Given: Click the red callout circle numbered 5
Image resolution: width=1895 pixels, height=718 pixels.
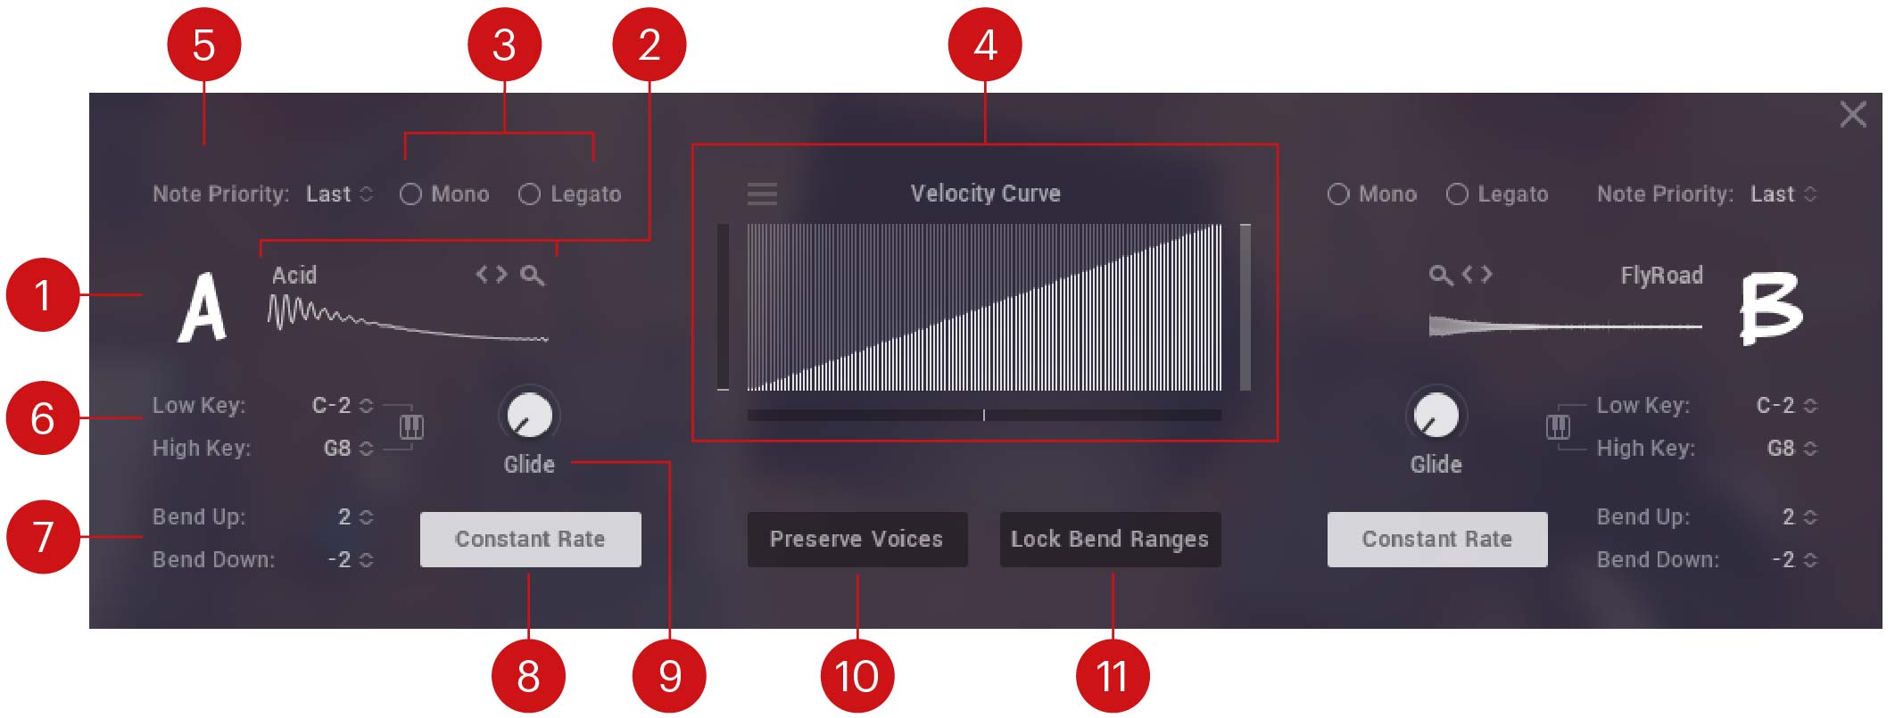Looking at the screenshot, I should (203, 45).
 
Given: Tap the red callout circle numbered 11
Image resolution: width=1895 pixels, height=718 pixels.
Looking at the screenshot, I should (1112, 675).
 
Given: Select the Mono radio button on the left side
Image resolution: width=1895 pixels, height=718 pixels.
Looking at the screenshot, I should (410, 194).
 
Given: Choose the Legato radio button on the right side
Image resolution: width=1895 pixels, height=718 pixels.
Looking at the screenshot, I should (1456, 194).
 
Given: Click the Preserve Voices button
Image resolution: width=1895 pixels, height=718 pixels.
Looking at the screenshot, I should (856, 539).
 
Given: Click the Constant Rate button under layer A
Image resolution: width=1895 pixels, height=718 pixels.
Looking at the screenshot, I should (530, 539).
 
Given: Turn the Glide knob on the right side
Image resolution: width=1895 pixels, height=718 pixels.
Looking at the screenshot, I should (1436, 416).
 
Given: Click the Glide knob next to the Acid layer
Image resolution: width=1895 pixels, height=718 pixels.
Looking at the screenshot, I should (529, 416).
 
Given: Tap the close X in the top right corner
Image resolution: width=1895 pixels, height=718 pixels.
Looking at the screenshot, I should (1852, 114).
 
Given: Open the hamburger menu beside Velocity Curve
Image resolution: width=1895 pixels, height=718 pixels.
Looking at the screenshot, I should (762, 194).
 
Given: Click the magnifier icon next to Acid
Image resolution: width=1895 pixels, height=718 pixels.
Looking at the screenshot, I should (533, 275).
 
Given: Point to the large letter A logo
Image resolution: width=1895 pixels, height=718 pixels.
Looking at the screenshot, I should (203, 308).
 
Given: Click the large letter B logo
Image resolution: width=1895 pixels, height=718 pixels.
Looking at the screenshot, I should (1771, 309).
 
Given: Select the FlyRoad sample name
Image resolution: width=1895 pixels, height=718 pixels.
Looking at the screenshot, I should (1661, 275).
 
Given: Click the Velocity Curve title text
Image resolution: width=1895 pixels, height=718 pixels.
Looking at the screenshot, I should (985, 194).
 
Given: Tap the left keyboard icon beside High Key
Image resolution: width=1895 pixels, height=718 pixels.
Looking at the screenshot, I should (411, 427).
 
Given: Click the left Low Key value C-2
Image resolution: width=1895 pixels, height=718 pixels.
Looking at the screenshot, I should (332, 405).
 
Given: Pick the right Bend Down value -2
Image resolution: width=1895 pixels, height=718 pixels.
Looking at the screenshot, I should (1783, 559).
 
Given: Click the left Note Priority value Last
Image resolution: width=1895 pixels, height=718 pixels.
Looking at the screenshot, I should (328, 194).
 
